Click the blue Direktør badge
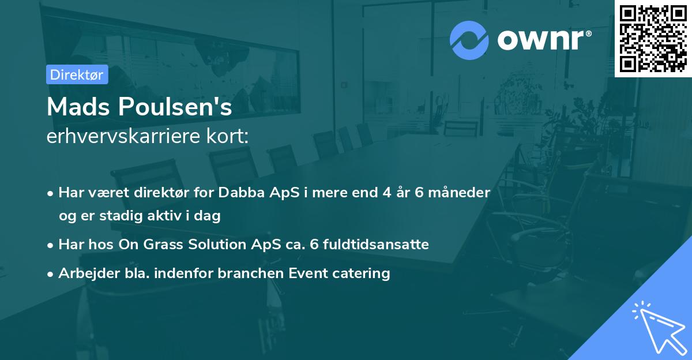(77, 74)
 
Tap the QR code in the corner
(653, 39)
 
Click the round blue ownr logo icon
(469, 40)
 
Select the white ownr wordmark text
(540, 40)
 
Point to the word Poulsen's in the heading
(175, 107)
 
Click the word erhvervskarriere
(123, 136)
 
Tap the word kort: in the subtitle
(228, 136)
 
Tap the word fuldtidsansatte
(376, 244)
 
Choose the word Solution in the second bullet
(217, 244)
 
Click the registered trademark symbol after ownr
(588, 33)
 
